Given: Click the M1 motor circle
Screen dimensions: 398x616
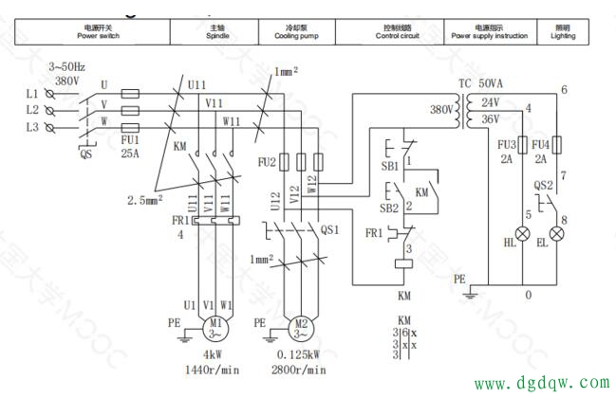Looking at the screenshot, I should tap(206, 327).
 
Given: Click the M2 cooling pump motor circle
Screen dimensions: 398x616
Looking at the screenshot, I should tap(299, 328).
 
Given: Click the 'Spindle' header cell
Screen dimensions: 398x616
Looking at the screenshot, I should tap(214, 32).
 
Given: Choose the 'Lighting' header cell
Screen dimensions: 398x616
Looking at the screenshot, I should tap(563, 32).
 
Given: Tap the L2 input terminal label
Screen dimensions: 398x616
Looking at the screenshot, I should tap(32, 110).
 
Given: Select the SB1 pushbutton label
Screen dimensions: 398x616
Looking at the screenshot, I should tap(389, 165).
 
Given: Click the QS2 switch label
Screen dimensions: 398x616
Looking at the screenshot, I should tap(543, 186).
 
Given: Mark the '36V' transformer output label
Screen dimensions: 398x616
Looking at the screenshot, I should tap(491, 120).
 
